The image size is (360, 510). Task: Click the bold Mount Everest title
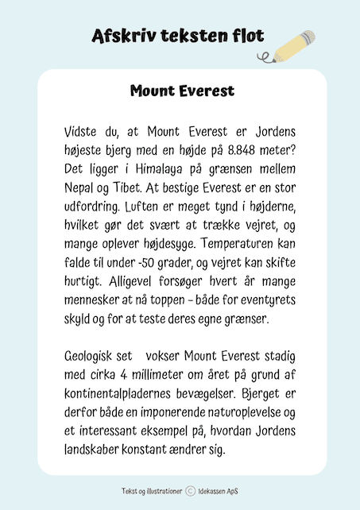[x=182, y=91]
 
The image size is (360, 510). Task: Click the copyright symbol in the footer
[x=191, y=491]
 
